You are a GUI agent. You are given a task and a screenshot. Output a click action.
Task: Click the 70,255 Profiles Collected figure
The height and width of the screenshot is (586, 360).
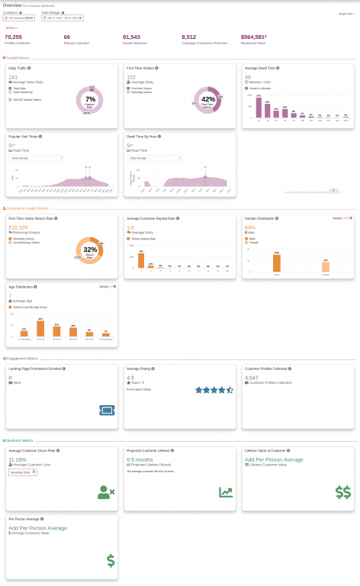[x=13, y=36]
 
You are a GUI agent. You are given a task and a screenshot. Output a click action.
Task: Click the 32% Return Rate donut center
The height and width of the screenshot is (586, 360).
[x=90, y=250]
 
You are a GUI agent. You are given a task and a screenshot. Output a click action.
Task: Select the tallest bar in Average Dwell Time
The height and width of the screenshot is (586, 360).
[x=259, y=109]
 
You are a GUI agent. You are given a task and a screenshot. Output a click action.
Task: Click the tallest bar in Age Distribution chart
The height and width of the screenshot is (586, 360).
[x=40, y=328]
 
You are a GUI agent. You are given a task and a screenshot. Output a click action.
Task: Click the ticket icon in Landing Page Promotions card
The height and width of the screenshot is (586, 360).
[x=107, y=411]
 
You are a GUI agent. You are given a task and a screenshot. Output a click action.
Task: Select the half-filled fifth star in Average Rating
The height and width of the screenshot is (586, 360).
[x=230, y=390]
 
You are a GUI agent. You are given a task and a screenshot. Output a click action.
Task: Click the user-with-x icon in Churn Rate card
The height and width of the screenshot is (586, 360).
[x=106, y=492]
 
